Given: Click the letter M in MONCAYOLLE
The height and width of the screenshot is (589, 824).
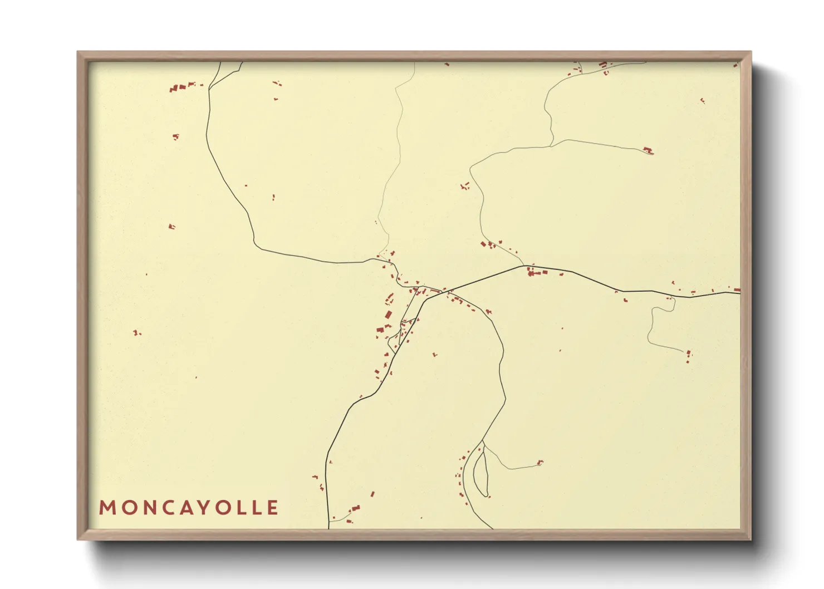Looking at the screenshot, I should click(x=106, y=508).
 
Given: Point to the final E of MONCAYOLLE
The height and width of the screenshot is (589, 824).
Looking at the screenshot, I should click(x=272, y=508).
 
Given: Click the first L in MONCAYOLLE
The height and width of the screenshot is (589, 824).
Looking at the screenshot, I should click(x=240, y=508).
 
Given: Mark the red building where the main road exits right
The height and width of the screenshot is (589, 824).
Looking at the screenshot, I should click(x=736, y=290).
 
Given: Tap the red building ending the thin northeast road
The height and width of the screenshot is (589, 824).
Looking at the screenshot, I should click(x=648, y=150).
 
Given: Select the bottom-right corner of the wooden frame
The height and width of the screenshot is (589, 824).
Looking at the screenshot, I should click(x=750, y=538).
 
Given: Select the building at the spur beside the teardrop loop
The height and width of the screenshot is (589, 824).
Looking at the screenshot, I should click(x=539, y=462).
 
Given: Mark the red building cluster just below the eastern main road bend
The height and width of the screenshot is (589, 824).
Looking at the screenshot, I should click(x=537, y=272).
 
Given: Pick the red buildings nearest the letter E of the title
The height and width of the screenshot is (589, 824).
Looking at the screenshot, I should click(x=354, y=509).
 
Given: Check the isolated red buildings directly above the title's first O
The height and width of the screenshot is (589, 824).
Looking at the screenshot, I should click(x=136, y=333).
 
